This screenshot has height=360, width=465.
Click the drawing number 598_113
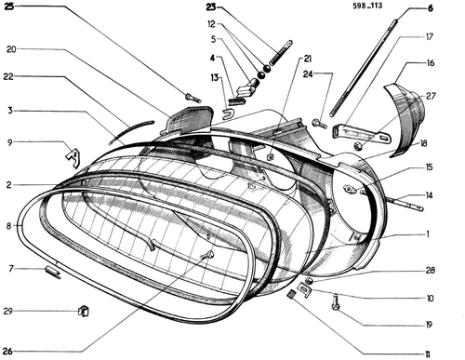click(367, 6)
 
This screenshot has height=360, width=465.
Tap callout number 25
click(8, 7)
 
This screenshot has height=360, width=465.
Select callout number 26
click(8, 352)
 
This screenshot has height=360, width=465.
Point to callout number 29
click(8, 311)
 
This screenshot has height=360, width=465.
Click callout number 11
click(428, 354)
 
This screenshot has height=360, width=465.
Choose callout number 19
click(429, 325)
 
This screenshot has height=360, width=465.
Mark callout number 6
click(431, 8)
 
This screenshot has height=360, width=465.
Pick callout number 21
click(307, 59)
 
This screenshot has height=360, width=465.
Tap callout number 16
click(431, 63)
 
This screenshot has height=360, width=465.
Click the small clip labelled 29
click(83, 311)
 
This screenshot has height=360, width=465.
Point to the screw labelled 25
click(193, 98)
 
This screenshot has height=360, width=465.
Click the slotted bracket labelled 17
click(361, 133)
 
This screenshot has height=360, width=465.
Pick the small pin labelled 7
click(53, 272)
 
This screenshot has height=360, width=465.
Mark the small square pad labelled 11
click(291, 294)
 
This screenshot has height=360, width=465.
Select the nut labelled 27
click(358, 145)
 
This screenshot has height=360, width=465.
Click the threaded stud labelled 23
click(281, 52)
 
